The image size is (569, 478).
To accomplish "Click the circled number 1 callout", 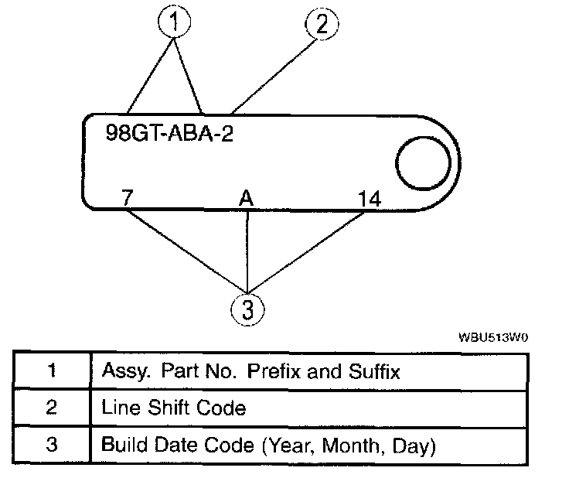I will click(x=176, y=23).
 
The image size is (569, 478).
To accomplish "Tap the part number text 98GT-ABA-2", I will click(x=169, y=131).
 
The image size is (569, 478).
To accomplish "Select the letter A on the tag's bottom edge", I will click(x=246, y=199).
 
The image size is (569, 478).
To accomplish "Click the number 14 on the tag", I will click(x=370, y=199).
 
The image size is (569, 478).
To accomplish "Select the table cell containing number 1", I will click(x=52, y=370).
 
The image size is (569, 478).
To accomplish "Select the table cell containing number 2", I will click(x=52, y=408).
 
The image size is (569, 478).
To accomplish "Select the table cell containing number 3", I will click(x=52, y=446).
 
